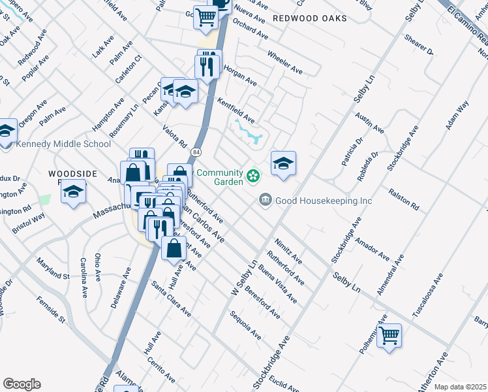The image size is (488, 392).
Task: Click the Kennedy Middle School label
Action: [x=63, y=144]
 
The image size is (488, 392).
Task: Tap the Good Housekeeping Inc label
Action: [x=324, y=201]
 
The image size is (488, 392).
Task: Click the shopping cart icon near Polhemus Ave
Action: [x=389, y=335]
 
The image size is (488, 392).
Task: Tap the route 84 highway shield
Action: [x=196, y=152]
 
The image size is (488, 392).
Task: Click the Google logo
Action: [x=22, y=384]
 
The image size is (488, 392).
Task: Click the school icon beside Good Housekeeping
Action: [x=283, y=163]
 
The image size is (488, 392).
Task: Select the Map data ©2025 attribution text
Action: [x=460, y=387]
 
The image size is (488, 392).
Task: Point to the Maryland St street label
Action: [x=53, y=268]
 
